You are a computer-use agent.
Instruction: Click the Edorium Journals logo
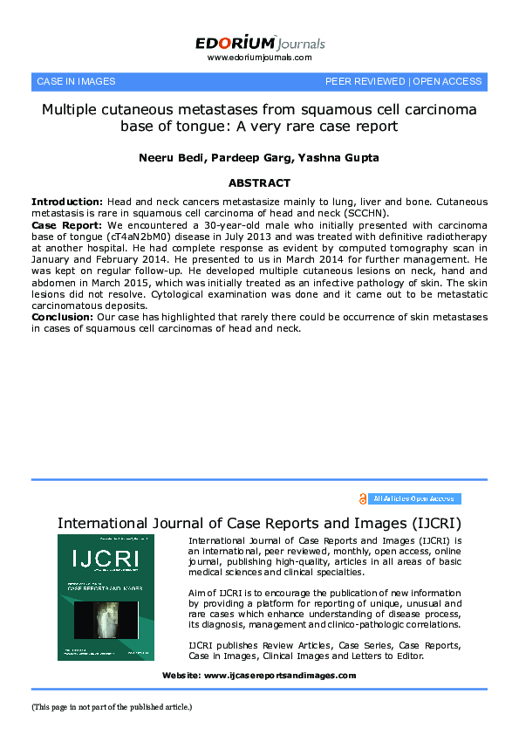(x=259, y=42)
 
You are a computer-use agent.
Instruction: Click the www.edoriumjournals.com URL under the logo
(x=259, y=58)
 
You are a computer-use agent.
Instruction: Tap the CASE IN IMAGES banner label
(x=76, y=81)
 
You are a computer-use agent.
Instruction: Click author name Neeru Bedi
(x=167, y=157)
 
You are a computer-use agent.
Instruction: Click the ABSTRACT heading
(x=259, y=183)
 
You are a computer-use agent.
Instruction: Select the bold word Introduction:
(x=66, y=202)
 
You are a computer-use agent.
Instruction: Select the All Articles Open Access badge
(x=413, y=498)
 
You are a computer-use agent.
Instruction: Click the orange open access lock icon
(x=363, y=498)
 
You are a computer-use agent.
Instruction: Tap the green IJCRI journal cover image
(x=106, y=597)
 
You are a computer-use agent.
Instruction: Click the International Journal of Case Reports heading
(x=259, y=523)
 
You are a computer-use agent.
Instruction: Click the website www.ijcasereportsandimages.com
(x=279, y=676)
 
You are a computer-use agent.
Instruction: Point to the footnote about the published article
(x=112, y=707)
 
